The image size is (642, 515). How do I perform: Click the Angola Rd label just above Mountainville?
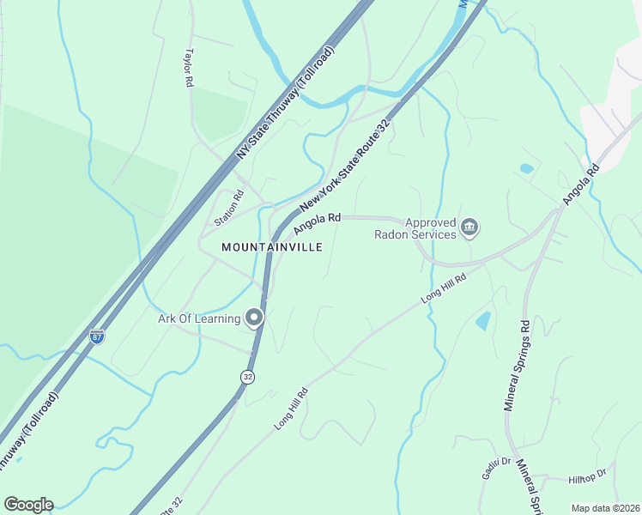click(317, 223)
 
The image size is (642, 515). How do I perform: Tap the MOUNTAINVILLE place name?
click(272, 246)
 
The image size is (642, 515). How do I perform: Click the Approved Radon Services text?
click(415, 227)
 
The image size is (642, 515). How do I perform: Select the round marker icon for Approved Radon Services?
click(469, 227)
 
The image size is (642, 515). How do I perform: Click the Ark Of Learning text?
click(199, 319)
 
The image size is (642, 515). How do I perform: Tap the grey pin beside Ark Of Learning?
click(254, 318)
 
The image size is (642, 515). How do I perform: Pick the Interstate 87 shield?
click(97, 336)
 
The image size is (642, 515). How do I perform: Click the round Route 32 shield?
click(247, 377)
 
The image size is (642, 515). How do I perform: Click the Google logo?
click(28, 505)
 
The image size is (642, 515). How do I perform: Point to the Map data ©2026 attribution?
click(604, 508)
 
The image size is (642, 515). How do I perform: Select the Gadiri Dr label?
click(494, 468)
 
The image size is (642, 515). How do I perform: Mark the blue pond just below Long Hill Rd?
click(483, 322)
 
